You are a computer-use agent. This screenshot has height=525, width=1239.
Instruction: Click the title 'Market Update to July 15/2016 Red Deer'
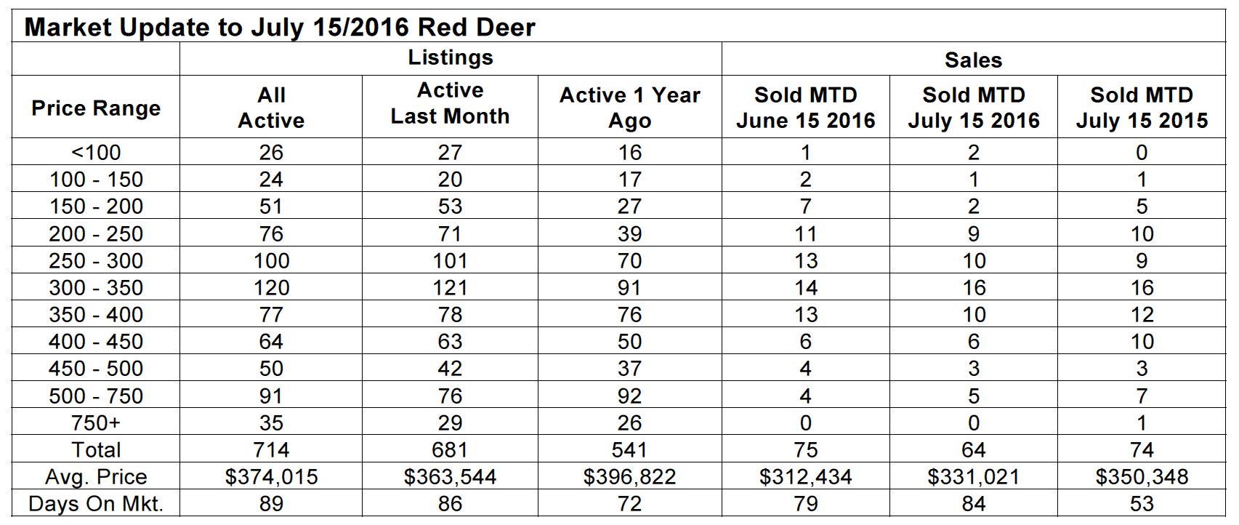point(280,27)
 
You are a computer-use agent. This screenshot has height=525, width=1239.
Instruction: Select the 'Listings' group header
point(451,58)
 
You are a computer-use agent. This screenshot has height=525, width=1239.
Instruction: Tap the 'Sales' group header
point(973,60)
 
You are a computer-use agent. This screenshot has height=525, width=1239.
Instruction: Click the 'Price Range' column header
point(96,108)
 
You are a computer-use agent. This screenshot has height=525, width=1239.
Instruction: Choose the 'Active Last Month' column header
point(451,103)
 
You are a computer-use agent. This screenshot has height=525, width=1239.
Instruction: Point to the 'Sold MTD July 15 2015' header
point(1142,108)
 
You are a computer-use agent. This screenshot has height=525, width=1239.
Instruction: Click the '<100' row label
point(96,152)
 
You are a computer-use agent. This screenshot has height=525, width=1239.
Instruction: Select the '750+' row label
point(96,422)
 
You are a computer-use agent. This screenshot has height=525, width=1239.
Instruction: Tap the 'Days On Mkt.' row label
point(96,504)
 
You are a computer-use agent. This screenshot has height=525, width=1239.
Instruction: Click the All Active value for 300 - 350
point(271,288)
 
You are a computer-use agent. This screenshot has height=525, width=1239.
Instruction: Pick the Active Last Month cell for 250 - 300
point(451,260)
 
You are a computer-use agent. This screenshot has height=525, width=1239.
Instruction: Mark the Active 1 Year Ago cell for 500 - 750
point(629,396)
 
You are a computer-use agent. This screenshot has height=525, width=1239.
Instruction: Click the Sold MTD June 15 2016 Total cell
point(805,450)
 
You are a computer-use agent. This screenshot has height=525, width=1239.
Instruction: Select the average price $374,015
point(271,477)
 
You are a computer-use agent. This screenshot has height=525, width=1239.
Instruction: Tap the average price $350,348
point(1142,477)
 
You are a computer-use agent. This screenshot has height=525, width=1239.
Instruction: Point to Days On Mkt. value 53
point(1142,504)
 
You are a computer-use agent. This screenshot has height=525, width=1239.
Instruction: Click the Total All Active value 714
point(271,450)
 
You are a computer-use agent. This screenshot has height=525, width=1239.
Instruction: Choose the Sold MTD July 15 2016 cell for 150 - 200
point(974,207)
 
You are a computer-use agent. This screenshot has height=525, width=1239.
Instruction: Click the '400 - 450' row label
point(96,342)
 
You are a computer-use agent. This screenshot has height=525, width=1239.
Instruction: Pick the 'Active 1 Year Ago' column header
point(629,108)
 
